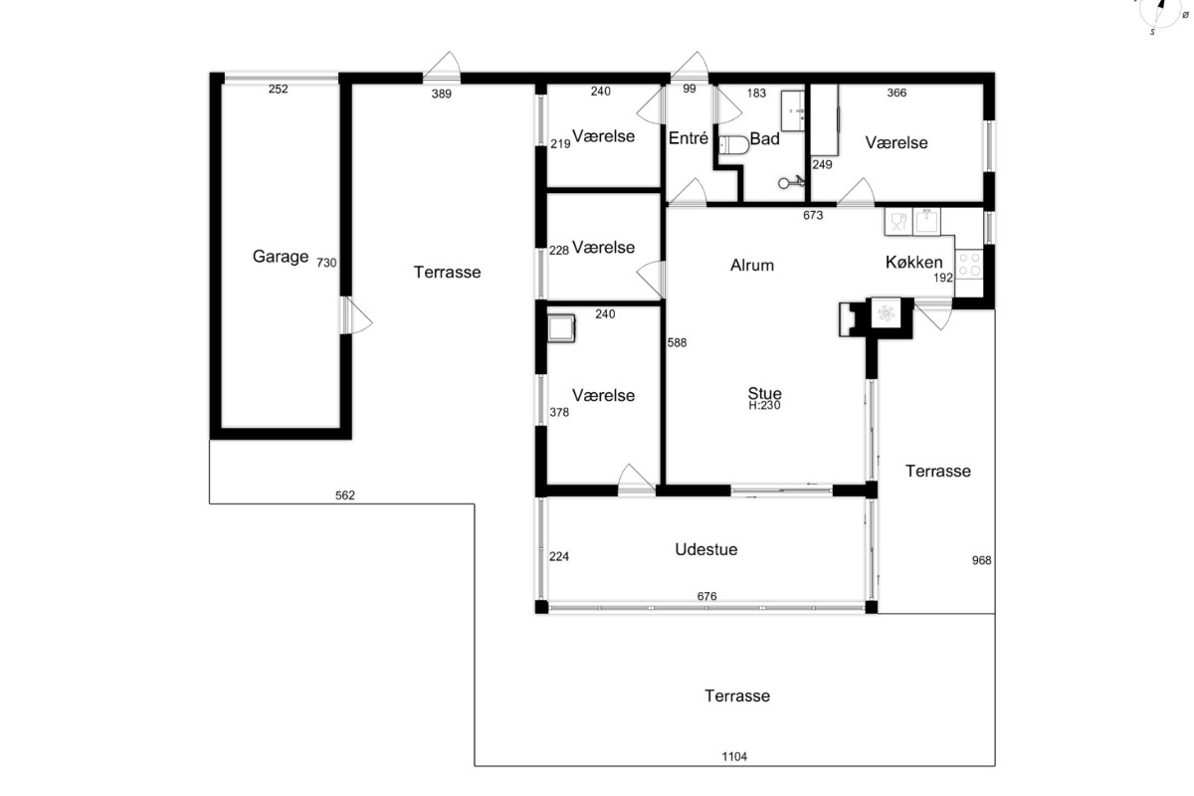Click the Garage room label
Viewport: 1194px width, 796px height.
281,257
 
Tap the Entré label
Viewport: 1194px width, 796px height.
689,138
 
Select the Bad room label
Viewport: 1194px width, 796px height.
764,138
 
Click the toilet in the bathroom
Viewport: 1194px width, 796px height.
733,145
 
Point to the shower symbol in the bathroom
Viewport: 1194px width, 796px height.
792,182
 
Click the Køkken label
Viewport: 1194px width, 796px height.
913,262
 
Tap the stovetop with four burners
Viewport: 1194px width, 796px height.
969,265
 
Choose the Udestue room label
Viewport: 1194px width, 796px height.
706,549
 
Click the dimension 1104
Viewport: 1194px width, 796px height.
734,756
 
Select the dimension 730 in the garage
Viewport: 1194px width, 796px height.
326,263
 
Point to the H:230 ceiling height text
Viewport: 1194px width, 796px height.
764,406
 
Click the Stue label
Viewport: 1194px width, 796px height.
764,393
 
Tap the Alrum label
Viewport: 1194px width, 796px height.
751,265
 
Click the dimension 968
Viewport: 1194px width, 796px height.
981,560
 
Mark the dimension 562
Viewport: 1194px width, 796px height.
345,496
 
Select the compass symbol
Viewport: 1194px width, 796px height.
1160,12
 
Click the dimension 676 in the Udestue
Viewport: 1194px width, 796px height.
706,596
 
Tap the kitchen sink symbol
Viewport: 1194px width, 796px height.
926,221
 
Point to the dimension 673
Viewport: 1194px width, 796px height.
813,215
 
